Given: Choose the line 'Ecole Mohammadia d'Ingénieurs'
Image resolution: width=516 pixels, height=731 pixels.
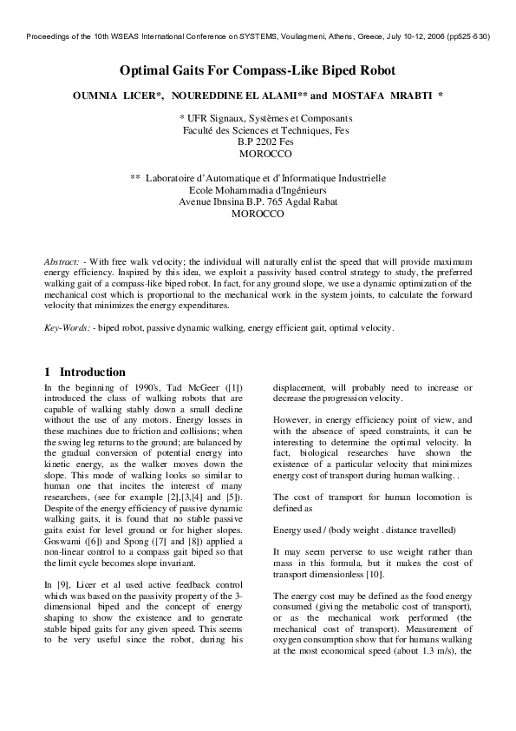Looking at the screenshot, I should point(258,189).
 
